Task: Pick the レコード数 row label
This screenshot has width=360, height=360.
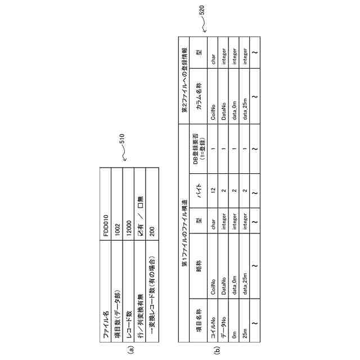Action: pos(129,328)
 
